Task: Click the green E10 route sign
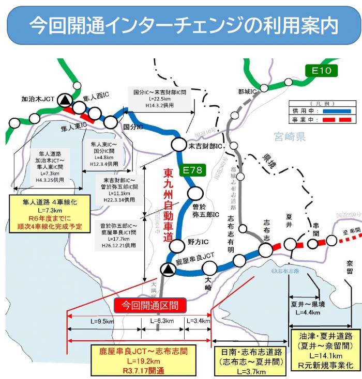pos(320,70)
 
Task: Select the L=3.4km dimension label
pos(198,321)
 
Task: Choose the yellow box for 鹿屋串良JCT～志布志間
pos(143,360)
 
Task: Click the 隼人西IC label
pos(96,97)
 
